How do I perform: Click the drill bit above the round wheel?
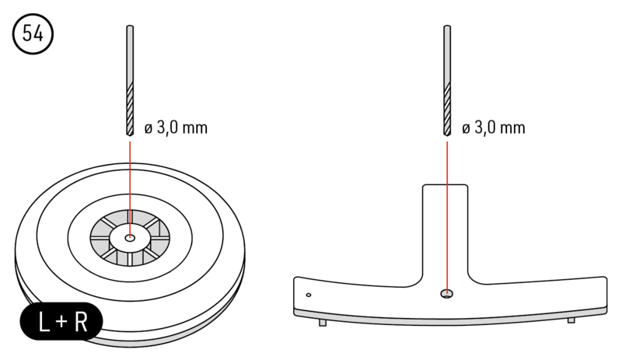click(129, 78)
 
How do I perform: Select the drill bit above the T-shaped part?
click(447, 78)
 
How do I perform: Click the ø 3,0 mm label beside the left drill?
click(176, 127)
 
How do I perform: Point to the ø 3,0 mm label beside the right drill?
click(494, 127)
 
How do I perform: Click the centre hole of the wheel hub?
click(129, 235)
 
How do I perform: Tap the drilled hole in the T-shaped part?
click(446, 293)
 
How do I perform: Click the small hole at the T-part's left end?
click(309, 295)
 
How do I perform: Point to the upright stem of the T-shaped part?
click(446, 225)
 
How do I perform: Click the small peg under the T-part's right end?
click(571, 320)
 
